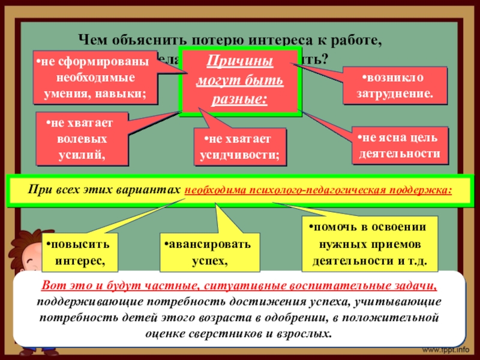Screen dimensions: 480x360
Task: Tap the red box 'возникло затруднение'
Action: (x=395, y=86)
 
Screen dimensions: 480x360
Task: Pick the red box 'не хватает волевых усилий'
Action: (x=82, y=138)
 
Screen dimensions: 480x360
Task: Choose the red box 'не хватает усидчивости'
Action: (x=240, y=146)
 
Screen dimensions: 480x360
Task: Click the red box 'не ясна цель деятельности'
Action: (x=399, y=146)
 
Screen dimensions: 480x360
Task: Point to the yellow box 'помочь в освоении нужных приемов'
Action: (x=370, y=244)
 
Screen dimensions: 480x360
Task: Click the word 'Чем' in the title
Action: (x=92, y=41)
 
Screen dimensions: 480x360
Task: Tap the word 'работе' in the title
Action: (x=358, y=41)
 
